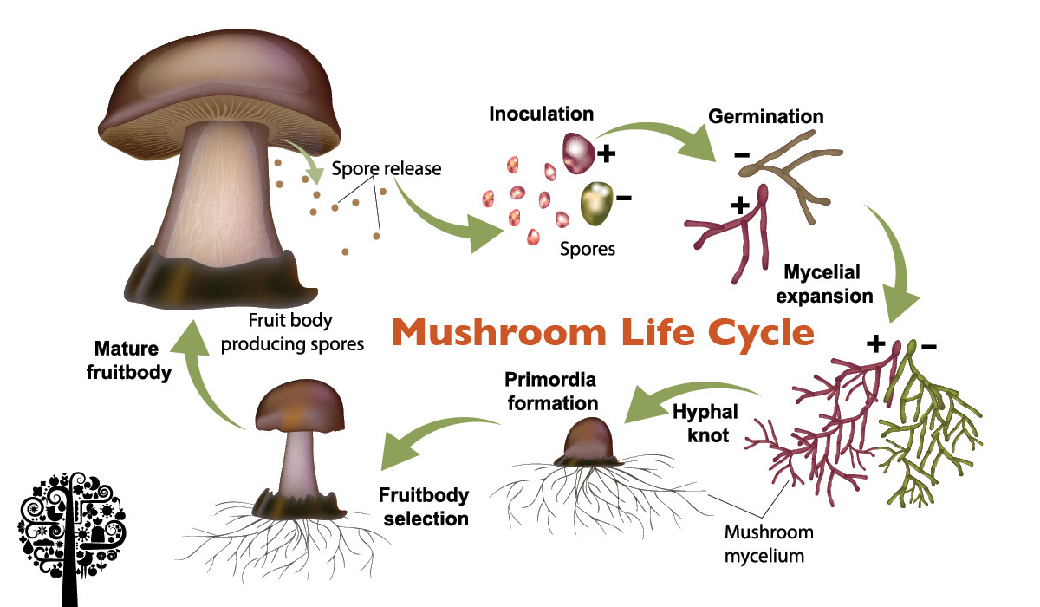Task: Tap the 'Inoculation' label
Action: [542, 114]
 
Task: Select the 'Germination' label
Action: [766, 116]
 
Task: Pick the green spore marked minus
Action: [597, 201]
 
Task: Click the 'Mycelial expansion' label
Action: [824, 284]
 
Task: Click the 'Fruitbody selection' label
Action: [424, 507]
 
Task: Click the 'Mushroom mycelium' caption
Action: [764, 543]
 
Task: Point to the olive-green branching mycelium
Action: [932, 434]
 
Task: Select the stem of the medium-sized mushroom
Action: [298, 460]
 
